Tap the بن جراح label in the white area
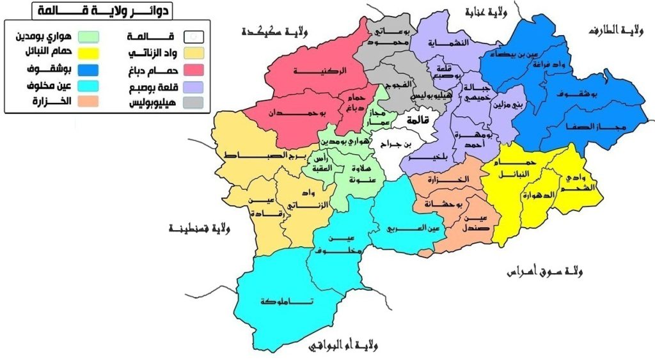(x=394, y=145)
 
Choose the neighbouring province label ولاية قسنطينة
(x=200, y=228)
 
